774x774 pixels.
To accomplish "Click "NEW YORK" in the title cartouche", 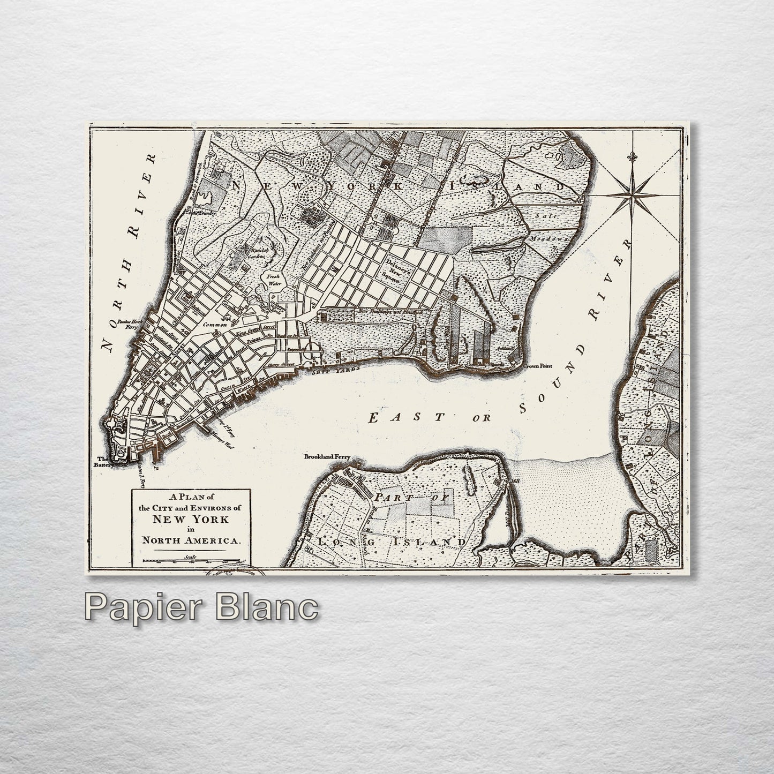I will (190, 518).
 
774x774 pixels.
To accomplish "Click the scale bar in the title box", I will (191, 562).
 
